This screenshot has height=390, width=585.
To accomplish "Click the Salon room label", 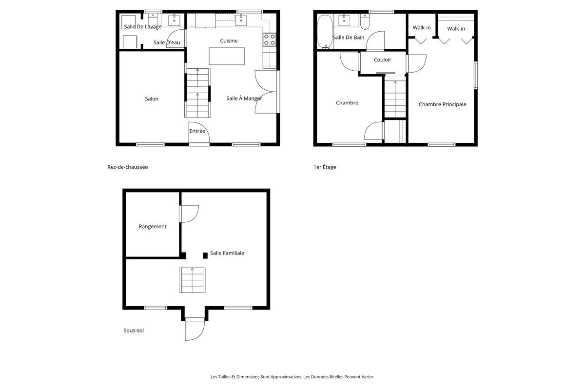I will [x=152, y=99].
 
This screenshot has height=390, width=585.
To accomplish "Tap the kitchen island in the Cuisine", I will [x=226, y=56].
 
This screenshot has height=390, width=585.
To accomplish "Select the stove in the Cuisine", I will [x=269, y=39].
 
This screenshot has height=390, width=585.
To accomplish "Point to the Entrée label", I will [x=197, y=131].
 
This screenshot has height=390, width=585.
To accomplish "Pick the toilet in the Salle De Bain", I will [x=365, y=22].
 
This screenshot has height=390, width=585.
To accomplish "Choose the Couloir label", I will [x=383, y=60].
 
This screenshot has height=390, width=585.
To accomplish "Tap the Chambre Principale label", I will [x=442, y=104].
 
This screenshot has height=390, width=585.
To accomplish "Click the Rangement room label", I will [x=153, y=227].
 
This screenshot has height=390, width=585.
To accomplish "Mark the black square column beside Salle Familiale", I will [x=205, y=255].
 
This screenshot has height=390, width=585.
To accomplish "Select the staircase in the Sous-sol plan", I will [x=192, y=280].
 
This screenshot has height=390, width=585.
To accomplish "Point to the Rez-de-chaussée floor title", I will [x=128, y=167].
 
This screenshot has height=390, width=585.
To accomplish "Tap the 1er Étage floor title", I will [x=325, y=167].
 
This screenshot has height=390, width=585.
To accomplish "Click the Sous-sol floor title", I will [x=134, y=331].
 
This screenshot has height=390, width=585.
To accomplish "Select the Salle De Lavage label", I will [x=142, y=27].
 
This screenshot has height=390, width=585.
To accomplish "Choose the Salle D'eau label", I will [x=167, y=43].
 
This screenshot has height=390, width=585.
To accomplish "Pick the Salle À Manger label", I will [x=244, y=98].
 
